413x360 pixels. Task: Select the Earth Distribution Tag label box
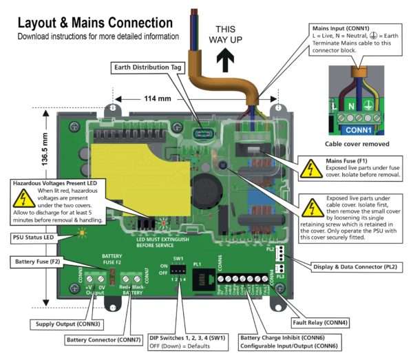coord(145,67)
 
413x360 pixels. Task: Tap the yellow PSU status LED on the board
coord(83,233)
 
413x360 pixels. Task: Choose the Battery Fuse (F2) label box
coord(41,262)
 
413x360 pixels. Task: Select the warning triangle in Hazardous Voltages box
coord(25,200)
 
